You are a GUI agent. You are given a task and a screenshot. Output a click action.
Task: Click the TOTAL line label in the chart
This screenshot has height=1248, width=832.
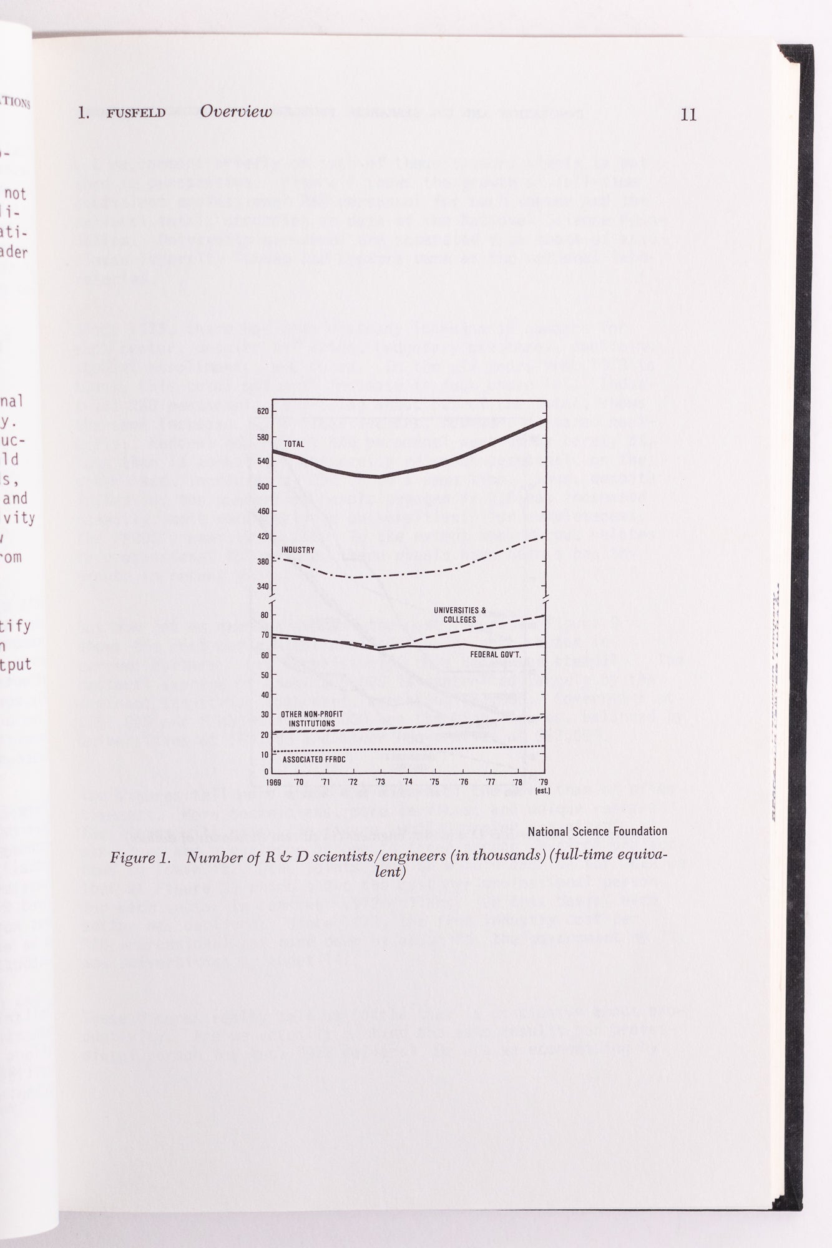(x=294, y=444)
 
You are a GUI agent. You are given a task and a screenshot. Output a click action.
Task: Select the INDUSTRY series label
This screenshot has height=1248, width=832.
(x=298, y=550)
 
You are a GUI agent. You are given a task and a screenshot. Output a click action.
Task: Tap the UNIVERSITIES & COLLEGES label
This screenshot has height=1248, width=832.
(x=460, y=615)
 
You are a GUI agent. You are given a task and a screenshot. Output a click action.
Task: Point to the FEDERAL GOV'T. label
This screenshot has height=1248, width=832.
(x=496, y=655)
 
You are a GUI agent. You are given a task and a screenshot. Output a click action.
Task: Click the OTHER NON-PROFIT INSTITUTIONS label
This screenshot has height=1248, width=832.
(x=311, y=719)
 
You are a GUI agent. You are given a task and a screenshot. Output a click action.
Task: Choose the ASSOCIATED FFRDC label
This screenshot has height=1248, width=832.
(x=314, y=759)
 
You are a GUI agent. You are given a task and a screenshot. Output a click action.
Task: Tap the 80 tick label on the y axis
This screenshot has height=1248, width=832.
(x=265, y=615)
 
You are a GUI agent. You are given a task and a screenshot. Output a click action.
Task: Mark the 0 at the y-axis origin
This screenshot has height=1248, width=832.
(x=267, y=771)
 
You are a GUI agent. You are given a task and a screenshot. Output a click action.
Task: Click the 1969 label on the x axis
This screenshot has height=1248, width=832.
(x=273, y=782)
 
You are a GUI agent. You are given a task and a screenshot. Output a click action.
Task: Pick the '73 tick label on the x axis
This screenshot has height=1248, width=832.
(x=379, y=782)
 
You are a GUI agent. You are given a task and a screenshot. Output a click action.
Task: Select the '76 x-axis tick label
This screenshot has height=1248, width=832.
(x=463, y=782)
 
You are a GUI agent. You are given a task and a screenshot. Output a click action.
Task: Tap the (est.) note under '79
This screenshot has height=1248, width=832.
(x=542, y=791)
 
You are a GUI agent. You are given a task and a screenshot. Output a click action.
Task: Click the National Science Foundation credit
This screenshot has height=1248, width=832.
(x=597, y=831)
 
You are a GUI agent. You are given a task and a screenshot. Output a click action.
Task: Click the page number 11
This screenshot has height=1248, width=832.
(x=688, y=115)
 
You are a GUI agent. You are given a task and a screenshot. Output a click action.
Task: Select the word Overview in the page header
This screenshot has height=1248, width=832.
(x=236, y=112)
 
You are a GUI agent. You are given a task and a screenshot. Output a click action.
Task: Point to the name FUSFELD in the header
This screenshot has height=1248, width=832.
(x=136, y=114)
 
